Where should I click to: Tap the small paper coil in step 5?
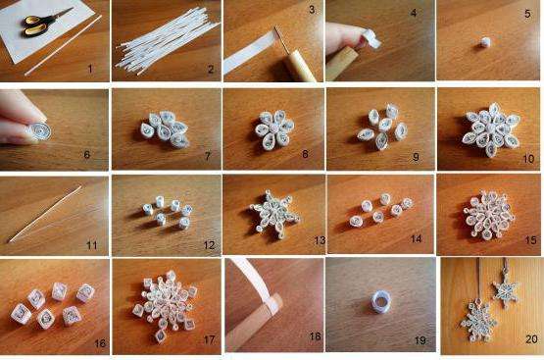pos(483,42)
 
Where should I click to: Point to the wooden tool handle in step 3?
pos(301,65)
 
